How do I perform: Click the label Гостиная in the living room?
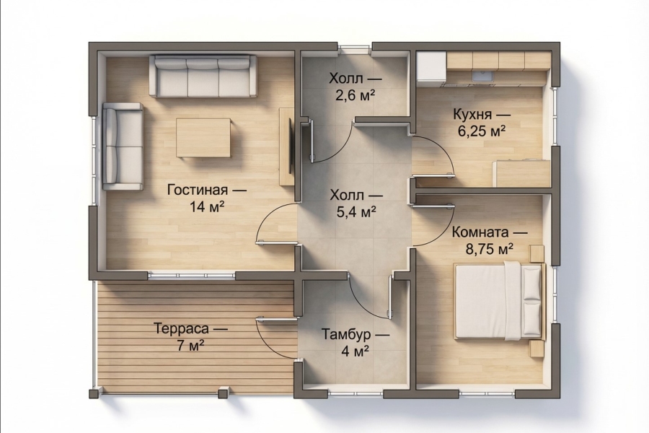[x=198, y=191]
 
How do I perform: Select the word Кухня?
[x=472, y=114]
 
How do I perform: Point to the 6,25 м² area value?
[x=482, y=131]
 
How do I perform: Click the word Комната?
[x=480, y=232]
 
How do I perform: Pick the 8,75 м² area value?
[x=489, y=250]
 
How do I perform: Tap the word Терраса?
[x=182, y=328]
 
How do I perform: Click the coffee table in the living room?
[x=203, y=138]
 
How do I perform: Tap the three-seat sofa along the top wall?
[x=203, y=76]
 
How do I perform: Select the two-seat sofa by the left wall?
[x=123, y=146]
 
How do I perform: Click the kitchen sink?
[x=480, y=75]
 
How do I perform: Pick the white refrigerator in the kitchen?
[x=431, y=66]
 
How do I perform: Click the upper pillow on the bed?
[x=532, y=284]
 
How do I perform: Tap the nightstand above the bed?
[x=537, y=253]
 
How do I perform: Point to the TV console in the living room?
[x=286, y=146]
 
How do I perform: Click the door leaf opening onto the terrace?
[x=276, y=320]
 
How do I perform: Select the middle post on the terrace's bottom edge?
[x=224, y=392]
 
